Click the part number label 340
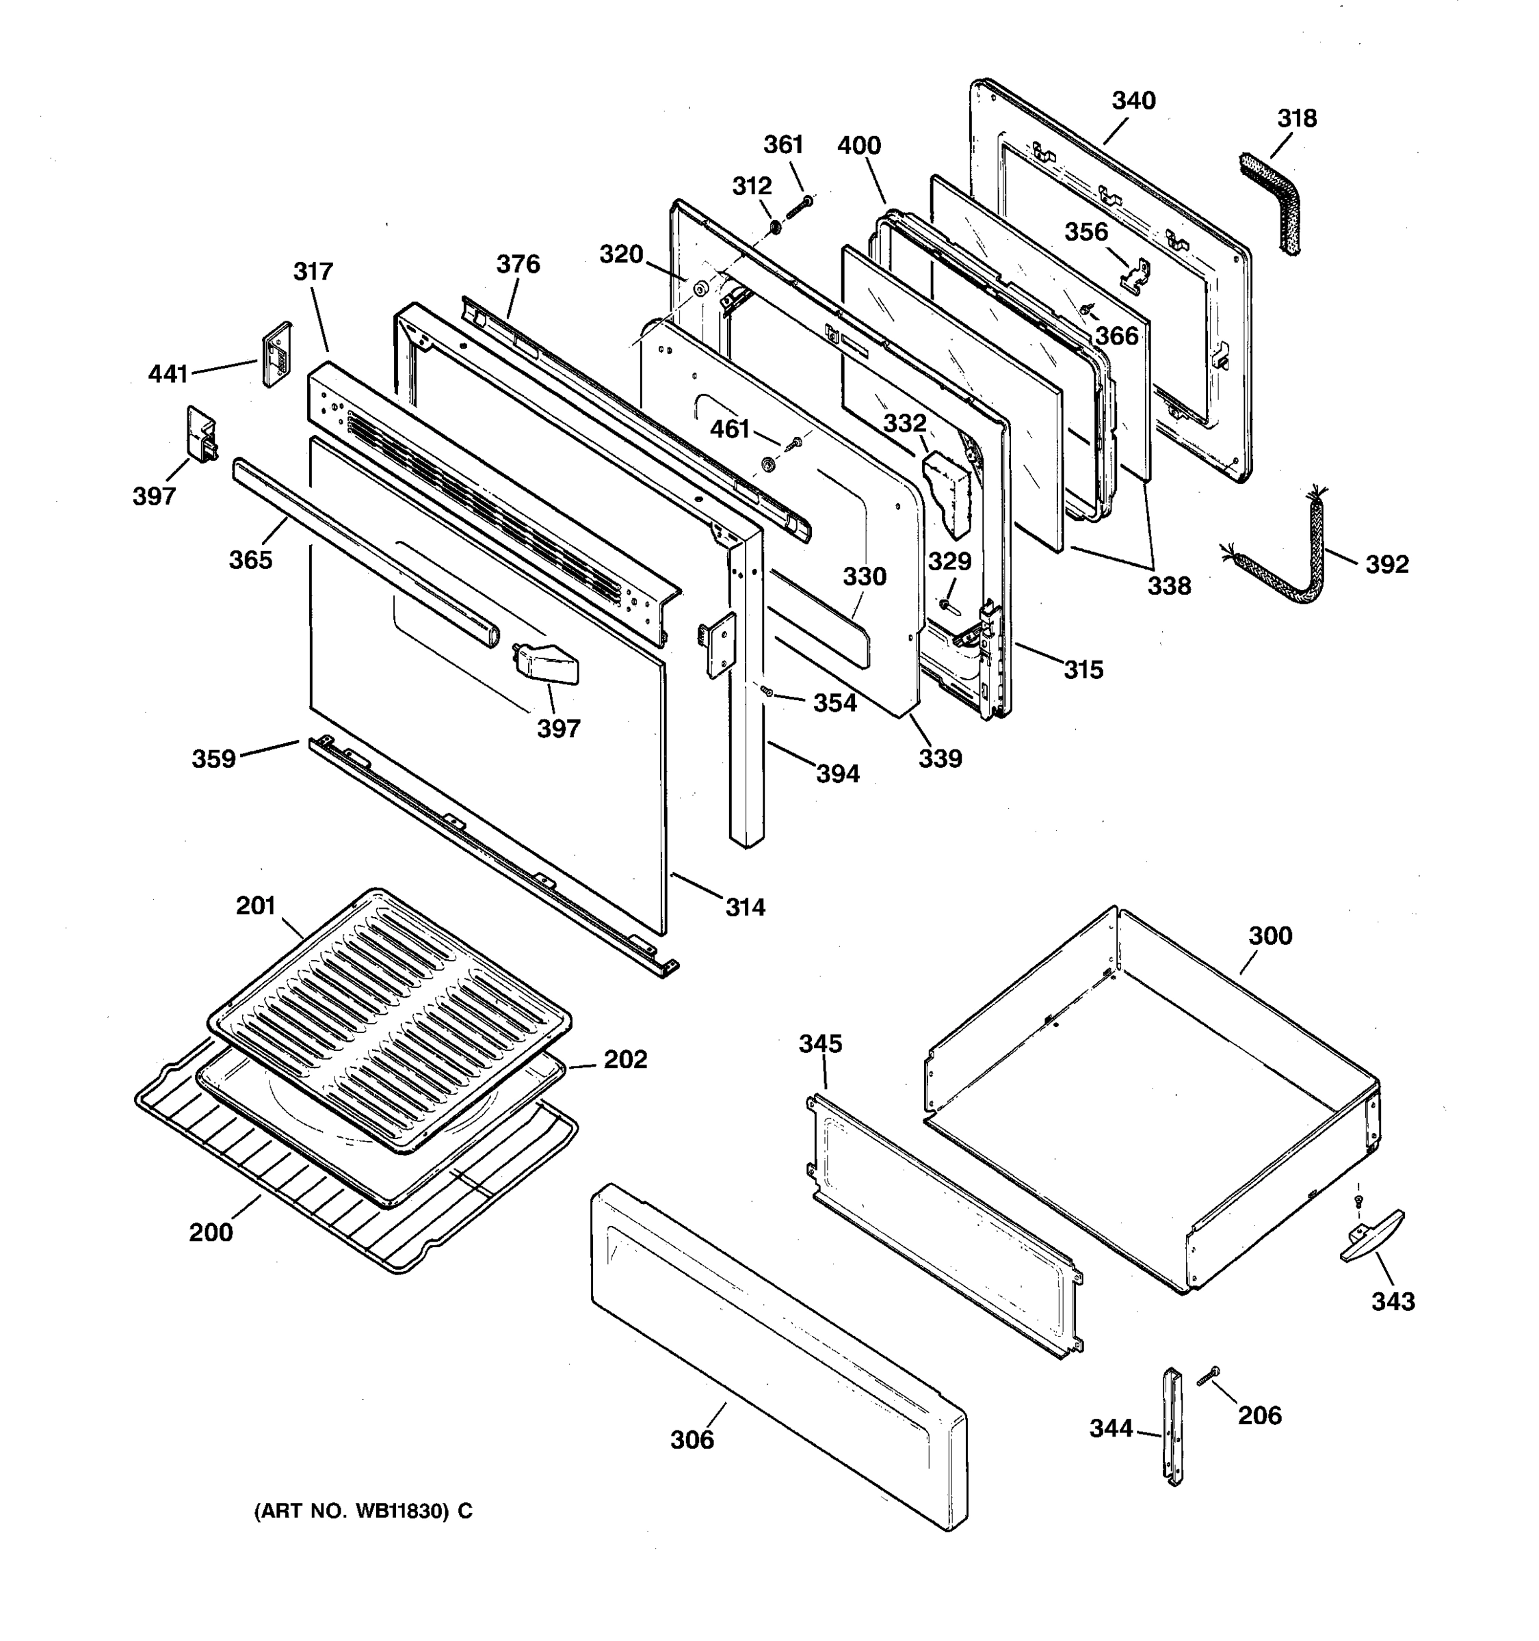[x=1133, y=101]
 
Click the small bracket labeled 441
[x=276, y=353]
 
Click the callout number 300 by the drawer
[x=1269, y=935]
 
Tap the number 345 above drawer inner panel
[x=820, y=1043]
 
